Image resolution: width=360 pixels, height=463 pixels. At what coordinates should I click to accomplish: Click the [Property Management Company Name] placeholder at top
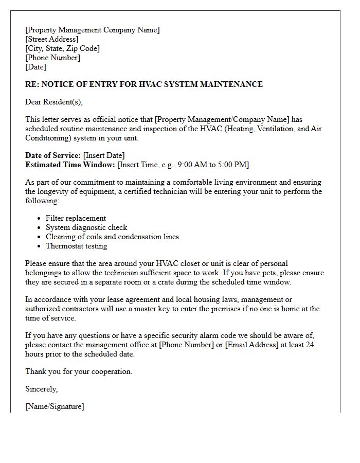(x=93, y=30)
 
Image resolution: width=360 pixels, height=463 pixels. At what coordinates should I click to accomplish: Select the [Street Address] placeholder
(x=52, y=39)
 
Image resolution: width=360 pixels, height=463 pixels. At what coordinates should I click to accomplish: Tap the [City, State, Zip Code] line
(x=63, y=48)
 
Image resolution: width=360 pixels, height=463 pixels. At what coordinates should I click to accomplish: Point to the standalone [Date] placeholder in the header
(x=35, y=67)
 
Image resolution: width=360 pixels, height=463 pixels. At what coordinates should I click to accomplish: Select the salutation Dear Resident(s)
(x=54, y=102)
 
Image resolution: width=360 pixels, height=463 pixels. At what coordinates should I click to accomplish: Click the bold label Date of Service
(x=53, y=155)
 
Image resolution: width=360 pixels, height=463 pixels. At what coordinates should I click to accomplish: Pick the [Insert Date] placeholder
(x=104, y=155)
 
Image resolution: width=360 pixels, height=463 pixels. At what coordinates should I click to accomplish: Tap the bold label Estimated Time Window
(x=70, y=165)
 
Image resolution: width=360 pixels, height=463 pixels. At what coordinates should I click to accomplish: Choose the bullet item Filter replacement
(x=76, y=218)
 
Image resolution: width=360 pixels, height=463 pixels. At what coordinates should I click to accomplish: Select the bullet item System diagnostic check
(x=86, y=227)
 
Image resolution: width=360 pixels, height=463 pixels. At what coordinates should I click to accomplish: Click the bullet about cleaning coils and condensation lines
(x=112, y=237)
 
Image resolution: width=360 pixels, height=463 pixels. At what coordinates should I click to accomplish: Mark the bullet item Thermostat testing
(x=76, y=246)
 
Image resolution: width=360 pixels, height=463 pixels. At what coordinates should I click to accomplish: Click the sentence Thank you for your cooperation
(x=79, y=371)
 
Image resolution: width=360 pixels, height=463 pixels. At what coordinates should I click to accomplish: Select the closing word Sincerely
(x=41, y=389)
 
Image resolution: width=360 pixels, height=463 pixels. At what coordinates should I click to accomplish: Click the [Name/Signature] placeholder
(x=55, y=406)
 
